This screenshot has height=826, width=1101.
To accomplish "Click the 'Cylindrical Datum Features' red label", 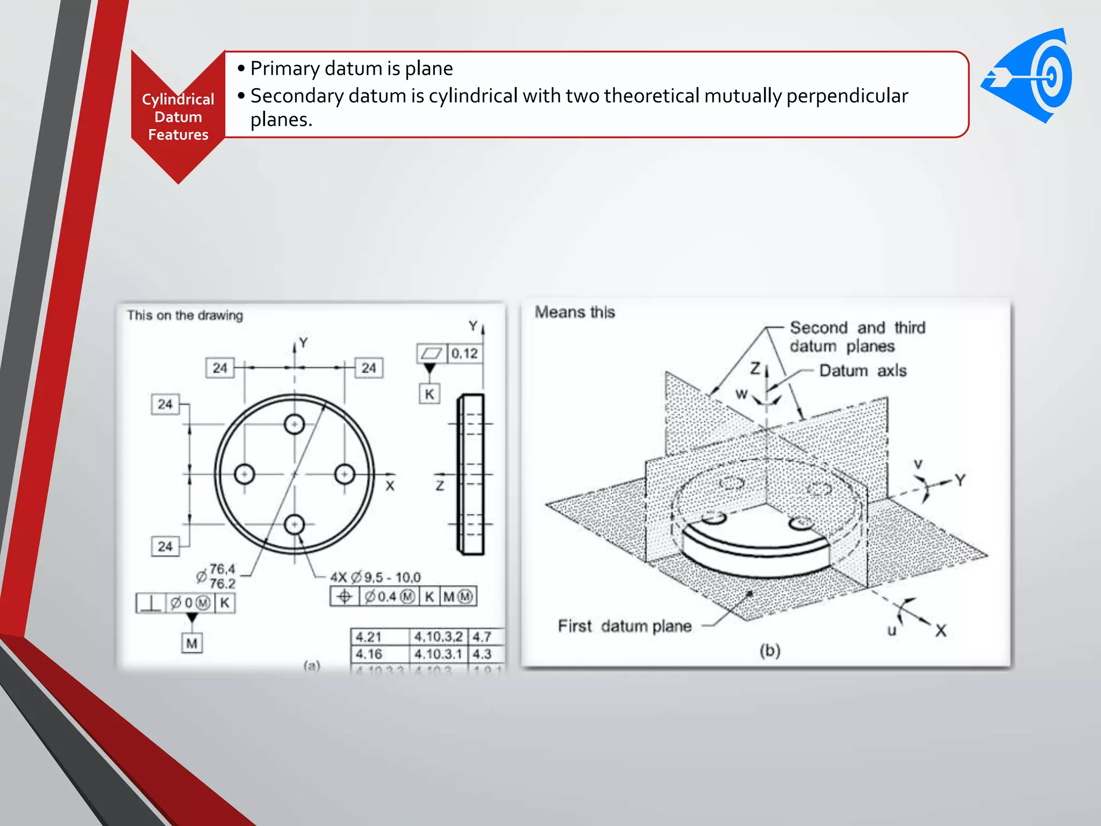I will [178, 117].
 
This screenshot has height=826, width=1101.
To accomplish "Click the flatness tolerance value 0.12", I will [464, 353].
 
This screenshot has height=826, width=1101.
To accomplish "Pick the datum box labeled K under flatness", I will [429, 394].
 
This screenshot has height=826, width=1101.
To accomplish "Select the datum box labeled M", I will [192, 643].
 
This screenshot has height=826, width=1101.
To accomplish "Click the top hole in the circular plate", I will [294, 424].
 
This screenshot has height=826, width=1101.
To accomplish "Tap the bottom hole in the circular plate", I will [294, 524].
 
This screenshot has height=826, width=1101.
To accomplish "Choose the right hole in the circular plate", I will [345, 474].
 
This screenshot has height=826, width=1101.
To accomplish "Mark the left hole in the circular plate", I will [245, 474].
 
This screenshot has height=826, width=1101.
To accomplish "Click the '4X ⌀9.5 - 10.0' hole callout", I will [375, 578].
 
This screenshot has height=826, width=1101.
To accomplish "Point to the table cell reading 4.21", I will [369, 637].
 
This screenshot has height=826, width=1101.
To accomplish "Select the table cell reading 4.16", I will [369, 654].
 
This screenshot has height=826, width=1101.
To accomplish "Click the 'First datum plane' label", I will [624, 626].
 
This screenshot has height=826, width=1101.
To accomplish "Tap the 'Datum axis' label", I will [862, 371].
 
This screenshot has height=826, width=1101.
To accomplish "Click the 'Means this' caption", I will [575, 312].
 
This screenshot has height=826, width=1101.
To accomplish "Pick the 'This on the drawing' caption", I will [185, 316].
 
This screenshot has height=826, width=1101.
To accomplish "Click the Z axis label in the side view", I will [440, 486].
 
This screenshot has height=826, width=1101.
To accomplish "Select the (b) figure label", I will [770, 651].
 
